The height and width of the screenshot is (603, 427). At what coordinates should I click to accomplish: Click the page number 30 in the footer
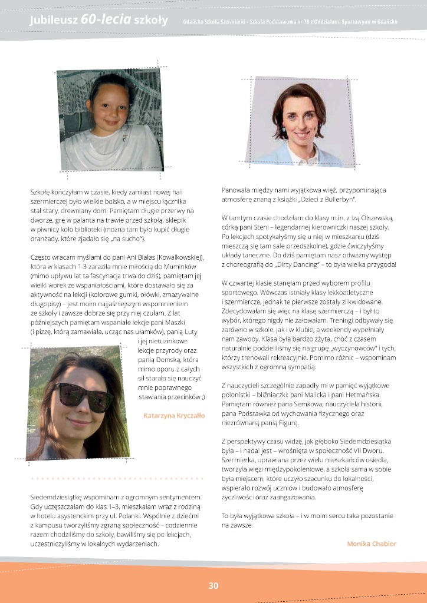(213, 585)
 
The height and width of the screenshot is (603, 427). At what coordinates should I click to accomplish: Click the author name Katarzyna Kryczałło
(175, 415)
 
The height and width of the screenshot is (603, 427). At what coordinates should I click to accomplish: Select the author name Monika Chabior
(372, 544)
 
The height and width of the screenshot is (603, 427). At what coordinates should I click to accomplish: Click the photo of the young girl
(111, 121)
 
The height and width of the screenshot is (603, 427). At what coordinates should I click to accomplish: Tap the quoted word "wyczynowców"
(366, 348)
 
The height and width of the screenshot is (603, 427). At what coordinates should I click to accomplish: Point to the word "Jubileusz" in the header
(54, 21)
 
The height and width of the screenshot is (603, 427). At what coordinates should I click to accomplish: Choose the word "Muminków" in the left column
(169, 267)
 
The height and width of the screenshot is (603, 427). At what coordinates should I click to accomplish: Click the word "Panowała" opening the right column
(238, 191)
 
